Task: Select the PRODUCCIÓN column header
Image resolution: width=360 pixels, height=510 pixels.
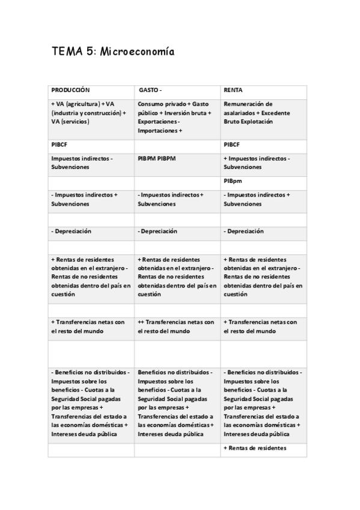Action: coord(70,90)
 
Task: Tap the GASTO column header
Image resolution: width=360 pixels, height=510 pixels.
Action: coord(150,90)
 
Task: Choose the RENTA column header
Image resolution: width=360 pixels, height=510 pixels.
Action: coord(233,90)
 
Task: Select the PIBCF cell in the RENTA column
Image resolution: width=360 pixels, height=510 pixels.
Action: coord(232,144)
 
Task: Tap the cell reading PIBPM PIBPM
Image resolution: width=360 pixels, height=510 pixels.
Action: coord(160,158)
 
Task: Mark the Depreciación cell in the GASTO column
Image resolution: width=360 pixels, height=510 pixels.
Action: coord(157,231)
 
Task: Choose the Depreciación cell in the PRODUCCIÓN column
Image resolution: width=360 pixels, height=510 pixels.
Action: coord(72,231)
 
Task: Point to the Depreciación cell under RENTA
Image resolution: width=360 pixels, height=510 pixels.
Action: coord(243,231)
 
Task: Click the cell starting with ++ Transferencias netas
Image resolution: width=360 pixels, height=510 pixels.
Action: coord(176,327)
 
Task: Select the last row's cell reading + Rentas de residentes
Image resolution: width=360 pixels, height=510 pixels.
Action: coord(255,448)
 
